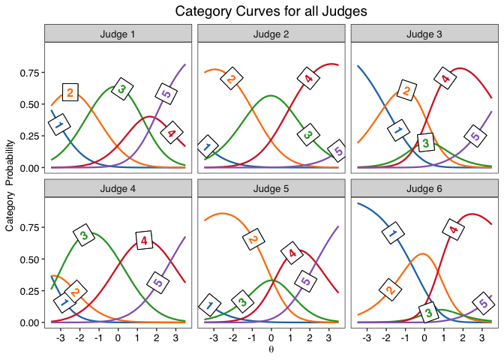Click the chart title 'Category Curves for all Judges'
point(271,11)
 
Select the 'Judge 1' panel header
point(118,34)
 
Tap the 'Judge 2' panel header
point(271,34)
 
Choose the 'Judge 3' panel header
point(424,34)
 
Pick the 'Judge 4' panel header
point(118,188)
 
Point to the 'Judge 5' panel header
point(271,188)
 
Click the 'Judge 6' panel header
point(424,188)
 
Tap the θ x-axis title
point(271,349)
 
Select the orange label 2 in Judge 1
point(70,92)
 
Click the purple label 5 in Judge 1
point(166,94)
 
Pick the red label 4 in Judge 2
point(307,78)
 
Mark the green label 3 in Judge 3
point(426,142)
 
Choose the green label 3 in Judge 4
point(84,235)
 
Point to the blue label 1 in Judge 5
point(210,305)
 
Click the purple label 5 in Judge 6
point(484,304)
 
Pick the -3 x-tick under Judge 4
point(61,338)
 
